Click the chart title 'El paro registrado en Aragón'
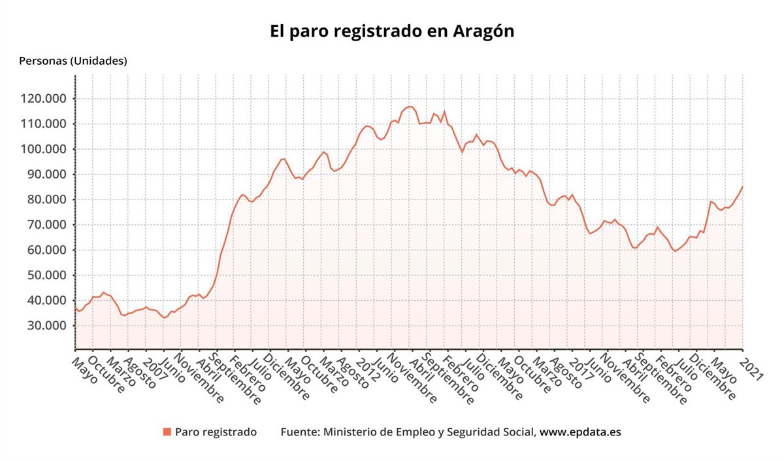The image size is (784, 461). click(x=392, y=31)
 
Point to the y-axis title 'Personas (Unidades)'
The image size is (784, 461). click(x=73, y=61)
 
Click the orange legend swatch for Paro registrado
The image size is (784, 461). click(x=167, y=432)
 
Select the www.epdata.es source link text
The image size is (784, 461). click(x=580, y=432)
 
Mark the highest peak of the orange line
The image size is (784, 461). click(x=410, y=107)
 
